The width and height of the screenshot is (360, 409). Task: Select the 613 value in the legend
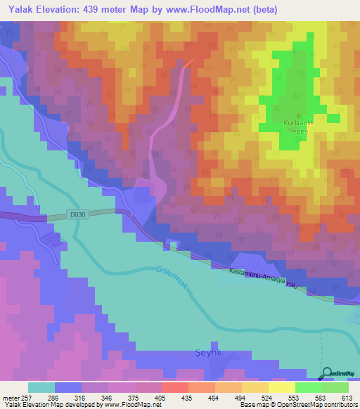(x=347, y=397)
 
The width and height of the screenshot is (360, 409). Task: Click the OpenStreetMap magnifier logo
(x=328, y=374)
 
